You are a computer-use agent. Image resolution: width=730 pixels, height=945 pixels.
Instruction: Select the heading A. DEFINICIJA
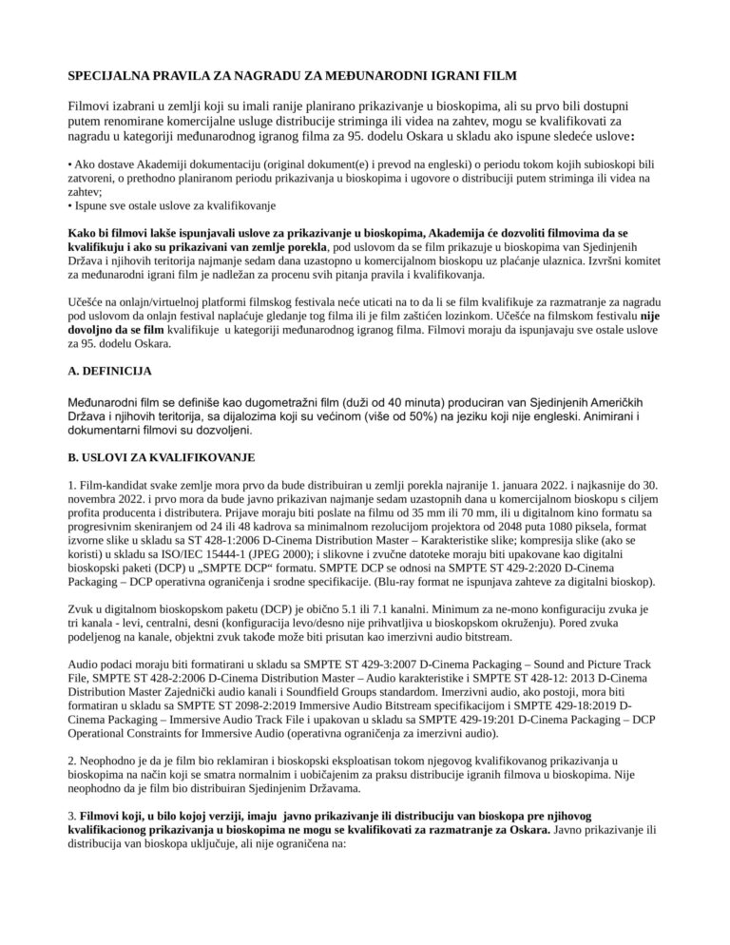pyautogui.click(x=109, y=370)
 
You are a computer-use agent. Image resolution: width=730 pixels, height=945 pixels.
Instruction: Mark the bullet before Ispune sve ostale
pyautogui.click(x=70, y=205)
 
